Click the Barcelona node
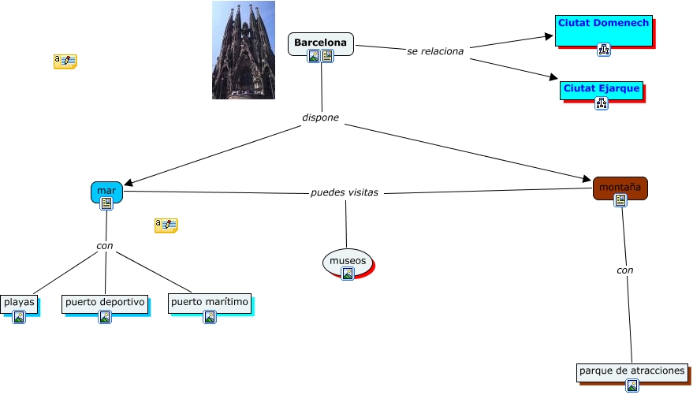pos(321,42)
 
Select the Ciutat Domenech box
pos(604,24)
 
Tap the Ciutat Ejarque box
pos(601,88)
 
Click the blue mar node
pos(106,192)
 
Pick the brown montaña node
pos(620,188)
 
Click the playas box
pos(19,302)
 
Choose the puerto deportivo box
pos(105,302)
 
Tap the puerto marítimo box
pos(210,302)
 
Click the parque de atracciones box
pos(632,371)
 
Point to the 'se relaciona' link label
pos(435,50)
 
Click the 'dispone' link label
pos(320,117)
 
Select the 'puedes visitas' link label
pos(345,192)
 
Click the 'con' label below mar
pos(105,245)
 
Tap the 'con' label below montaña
pos(625,270)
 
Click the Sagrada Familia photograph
pos(244,50)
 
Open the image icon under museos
pos(348,274)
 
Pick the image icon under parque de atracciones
pos(632,386)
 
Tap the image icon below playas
pos(19,317)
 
